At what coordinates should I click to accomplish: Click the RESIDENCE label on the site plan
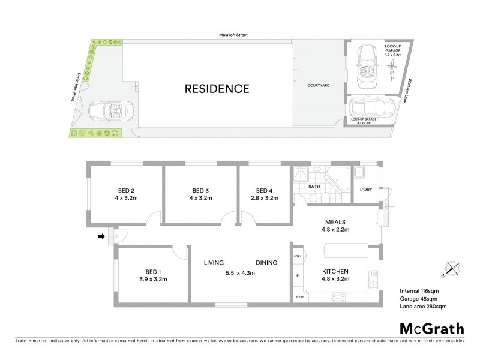(x=217, y=89)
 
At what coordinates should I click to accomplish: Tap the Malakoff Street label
(x=233, y=35)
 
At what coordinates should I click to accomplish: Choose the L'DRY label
(x=366, y=190)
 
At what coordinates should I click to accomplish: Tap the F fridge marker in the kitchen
(x=298, y=277)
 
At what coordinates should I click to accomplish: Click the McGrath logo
(x=431, y=328)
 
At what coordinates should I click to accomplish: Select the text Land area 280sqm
(x=423, y=307)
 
